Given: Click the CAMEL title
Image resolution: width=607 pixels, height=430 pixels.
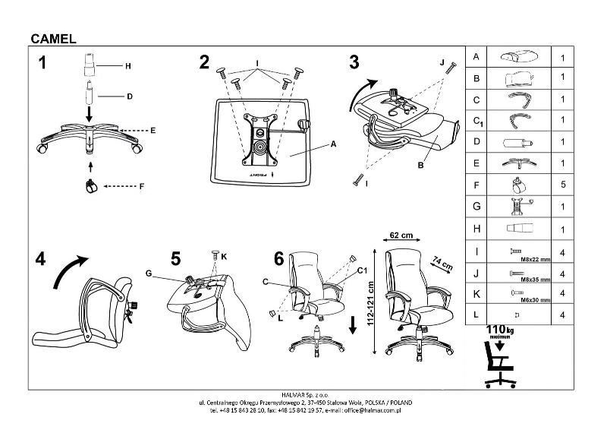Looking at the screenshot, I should [52, 38].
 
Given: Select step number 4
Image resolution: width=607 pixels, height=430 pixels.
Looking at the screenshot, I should [41, 259].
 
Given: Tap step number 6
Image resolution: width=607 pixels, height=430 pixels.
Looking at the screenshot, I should [278, 259].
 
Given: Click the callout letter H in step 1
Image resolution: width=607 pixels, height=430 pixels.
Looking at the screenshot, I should [128, 66].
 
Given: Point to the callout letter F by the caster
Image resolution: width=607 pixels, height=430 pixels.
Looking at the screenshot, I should [142, 185].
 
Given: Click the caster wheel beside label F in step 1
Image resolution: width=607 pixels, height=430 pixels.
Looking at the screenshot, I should [91, 185].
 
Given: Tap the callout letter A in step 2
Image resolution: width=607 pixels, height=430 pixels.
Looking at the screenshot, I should [333, 143].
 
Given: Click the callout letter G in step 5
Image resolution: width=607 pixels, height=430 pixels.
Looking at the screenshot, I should [149, 272].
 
